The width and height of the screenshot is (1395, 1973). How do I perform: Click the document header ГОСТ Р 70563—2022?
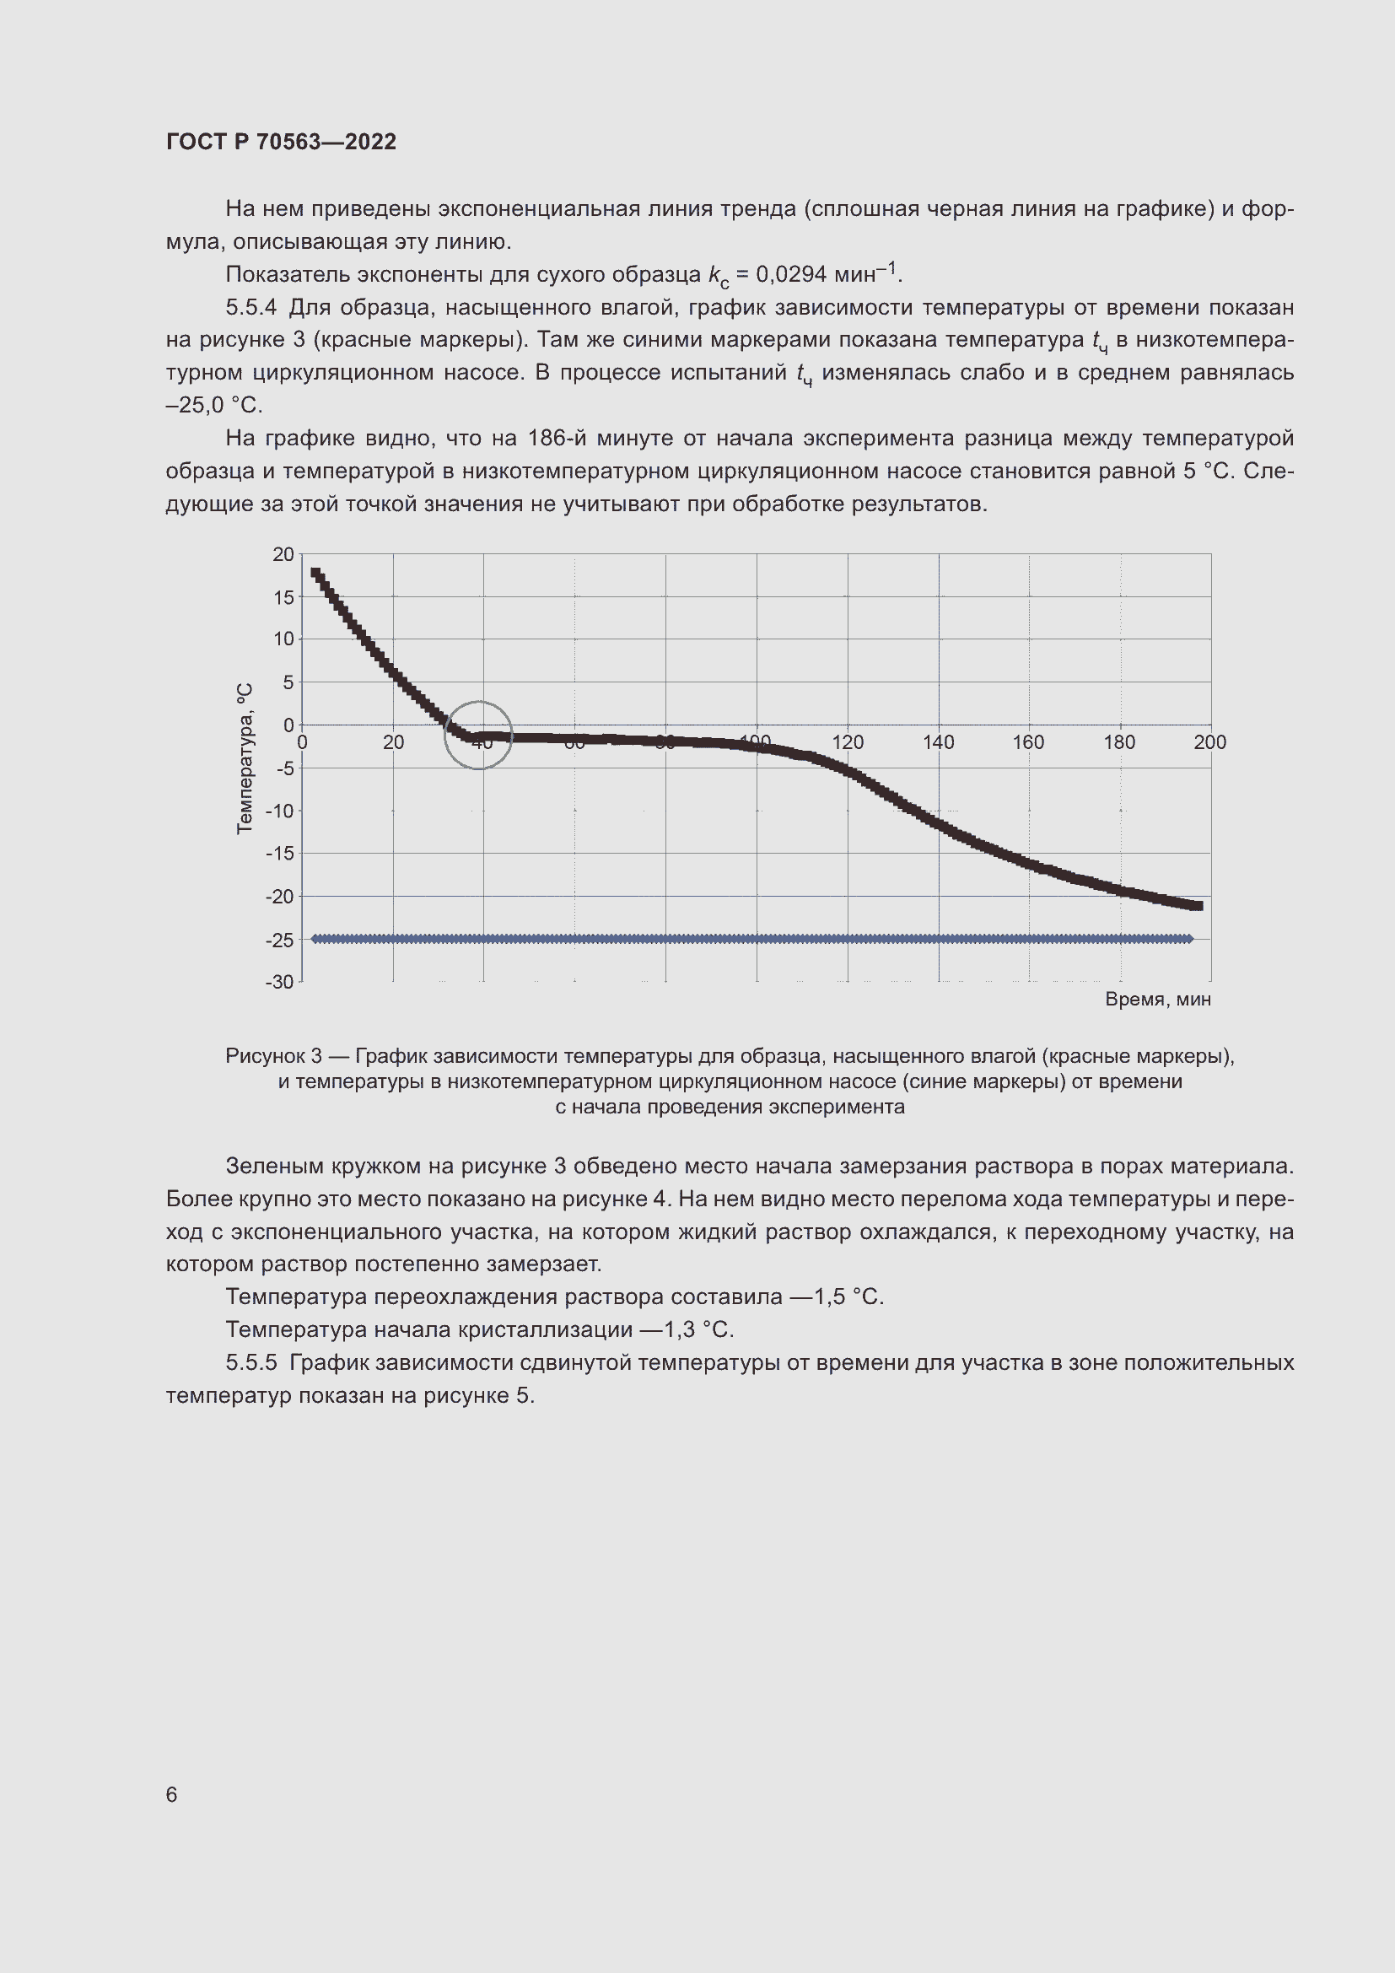pos(281,142)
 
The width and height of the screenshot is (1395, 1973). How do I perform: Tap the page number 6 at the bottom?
pos(171,1794)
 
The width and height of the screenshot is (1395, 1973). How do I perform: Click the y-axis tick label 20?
pos(283,554)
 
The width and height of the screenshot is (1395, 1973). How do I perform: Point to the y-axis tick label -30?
pos(279,981)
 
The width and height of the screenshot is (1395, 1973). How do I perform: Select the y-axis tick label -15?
pos(279,854)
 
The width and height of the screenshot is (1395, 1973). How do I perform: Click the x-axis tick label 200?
pos(1209,742)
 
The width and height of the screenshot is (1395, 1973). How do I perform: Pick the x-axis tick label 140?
pos(938,742)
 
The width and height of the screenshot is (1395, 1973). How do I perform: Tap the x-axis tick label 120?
pos(847,742)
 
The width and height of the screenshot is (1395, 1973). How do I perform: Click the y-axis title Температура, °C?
pos(245,758)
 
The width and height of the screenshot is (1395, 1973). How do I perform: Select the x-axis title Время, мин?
pos(1157,1000)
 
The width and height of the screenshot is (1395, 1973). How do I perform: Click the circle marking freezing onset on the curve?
pos(478,735)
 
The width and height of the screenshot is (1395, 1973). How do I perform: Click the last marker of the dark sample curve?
pos(1198,906)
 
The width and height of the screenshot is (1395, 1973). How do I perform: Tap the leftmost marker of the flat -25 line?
pos(315,939)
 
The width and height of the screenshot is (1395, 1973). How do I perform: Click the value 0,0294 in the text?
pos(790,275)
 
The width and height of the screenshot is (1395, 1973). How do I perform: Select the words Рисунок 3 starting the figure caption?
pos(273,1055)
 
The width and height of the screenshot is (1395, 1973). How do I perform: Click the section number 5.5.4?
pos(250,308)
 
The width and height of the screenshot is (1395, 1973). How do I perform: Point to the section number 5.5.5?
pos(250,1363)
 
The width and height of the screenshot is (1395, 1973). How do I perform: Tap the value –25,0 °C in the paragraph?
pos(214,406)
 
